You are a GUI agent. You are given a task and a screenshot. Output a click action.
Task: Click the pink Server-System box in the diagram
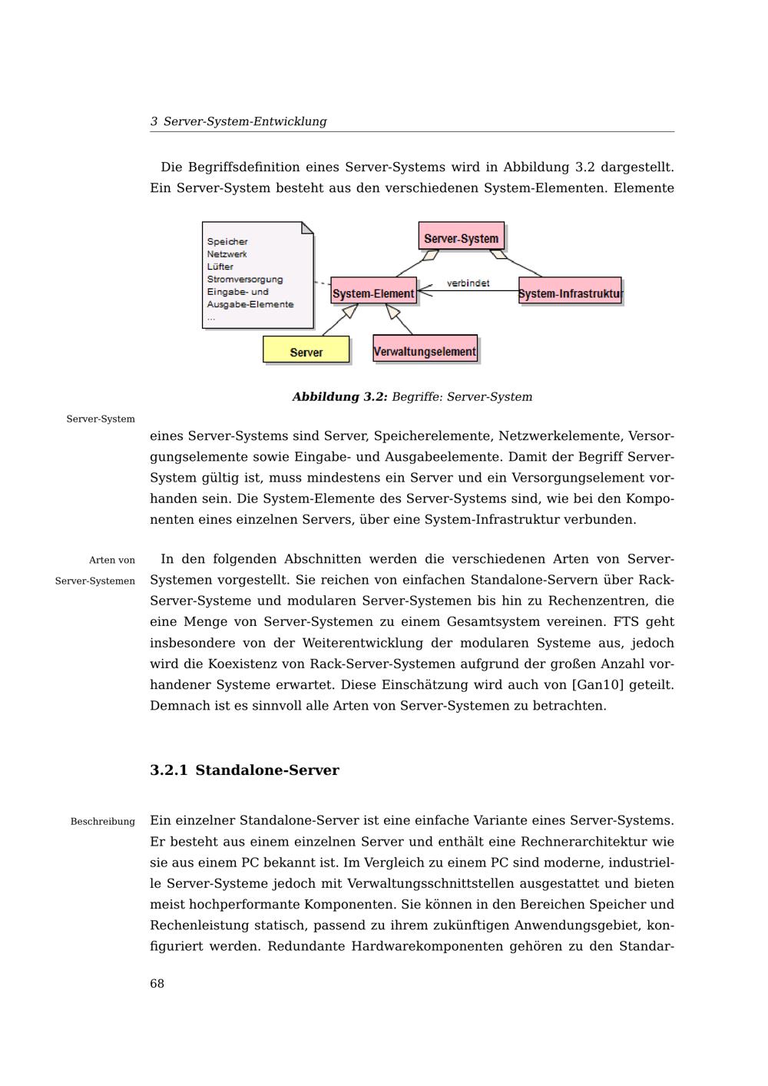(x=462, y=238)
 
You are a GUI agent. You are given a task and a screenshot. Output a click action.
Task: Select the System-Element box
(x=373, y=293)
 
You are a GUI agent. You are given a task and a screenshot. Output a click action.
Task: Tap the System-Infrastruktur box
(x=570, y=293)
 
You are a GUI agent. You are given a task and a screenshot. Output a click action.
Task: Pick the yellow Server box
(x=306, y=352)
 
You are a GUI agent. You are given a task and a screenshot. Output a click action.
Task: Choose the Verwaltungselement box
(x=425, y=351)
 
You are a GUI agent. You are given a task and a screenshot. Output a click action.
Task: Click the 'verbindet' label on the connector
(x=468, y=283)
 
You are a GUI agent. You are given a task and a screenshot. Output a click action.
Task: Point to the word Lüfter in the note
(x=220, y=267)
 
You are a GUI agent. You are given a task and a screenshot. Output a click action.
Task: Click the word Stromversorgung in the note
(x=244, y=279)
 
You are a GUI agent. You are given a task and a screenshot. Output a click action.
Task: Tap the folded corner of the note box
(x=307, y=227)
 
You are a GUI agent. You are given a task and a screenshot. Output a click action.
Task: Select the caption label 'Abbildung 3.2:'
(x=339, y=397)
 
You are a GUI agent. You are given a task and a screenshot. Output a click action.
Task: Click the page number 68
(x=157, y=984)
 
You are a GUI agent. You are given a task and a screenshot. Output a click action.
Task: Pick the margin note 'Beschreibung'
(x=102, y=822)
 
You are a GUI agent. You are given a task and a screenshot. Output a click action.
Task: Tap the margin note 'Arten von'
(x=111, y=560)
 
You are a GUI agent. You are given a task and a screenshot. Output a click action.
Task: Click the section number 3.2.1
(x=168, y=770)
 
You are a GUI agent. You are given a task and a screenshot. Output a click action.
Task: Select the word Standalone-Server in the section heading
(x=266, y=770)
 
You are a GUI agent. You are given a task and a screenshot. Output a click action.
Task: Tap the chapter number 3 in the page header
(x=154, y=121)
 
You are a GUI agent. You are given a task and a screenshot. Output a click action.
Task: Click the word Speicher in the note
(x=227, y=241)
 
